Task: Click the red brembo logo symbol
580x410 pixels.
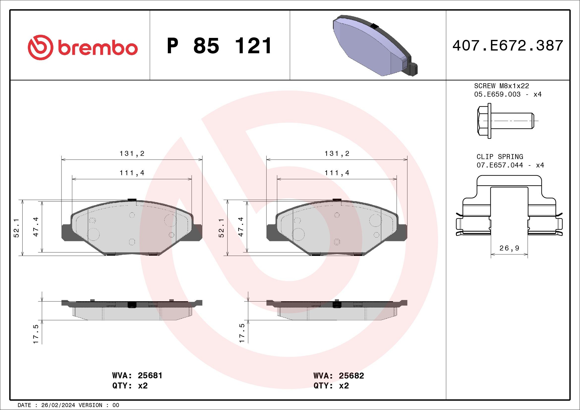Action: point(40,47)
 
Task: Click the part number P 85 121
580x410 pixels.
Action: point(219,46)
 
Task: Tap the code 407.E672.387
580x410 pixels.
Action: point(508,46)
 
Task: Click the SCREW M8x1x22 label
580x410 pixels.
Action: point(501,86)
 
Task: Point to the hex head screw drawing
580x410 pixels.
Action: point(505,121)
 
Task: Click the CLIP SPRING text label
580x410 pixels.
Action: point(500,157)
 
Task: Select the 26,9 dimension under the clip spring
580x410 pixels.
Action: point(509,248)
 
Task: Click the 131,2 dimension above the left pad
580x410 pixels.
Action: point(132,154)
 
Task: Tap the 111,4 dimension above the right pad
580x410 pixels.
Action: point(337,173)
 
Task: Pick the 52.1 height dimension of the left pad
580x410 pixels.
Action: point(16,228)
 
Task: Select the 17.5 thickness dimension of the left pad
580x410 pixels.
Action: point(36,334)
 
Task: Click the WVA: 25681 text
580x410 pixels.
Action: point(137,375)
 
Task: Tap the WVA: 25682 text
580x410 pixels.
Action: point(339,376)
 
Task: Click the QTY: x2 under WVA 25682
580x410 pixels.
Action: point(331,386)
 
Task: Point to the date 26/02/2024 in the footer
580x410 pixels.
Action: point(58,405)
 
